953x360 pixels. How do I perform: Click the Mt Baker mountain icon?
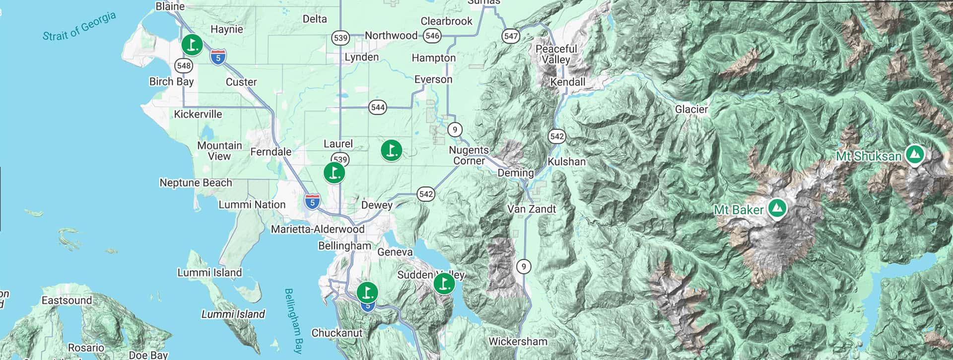pos(777,209)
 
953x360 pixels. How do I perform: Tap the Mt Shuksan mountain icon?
pos(914,155)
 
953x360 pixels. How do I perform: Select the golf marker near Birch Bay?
pos(192,45)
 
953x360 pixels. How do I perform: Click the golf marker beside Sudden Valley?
pos(444,284)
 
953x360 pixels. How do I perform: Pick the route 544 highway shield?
pos(378,107)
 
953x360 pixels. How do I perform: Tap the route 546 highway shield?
pos(432,36)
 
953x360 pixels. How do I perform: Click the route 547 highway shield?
pos(511,36)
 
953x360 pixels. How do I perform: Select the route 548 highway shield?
pos(184,66)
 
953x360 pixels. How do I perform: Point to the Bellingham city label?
pos(344,246)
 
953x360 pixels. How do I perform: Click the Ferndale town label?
pos(271,152)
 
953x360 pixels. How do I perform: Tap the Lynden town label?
pos(361,57)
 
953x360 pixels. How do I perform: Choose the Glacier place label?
pos(691,109)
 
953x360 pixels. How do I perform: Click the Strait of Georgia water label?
pos(79,26)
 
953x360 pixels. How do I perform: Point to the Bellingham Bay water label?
pos(294,320)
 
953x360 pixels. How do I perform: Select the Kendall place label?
pos(567,82)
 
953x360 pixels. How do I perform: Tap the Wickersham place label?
pos(518,342)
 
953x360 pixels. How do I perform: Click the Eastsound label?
pos(67,300)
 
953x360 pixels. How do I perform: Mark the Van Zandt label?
pos(532,209)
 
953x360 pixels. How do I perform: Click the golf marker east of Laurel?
pos(391,149)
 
